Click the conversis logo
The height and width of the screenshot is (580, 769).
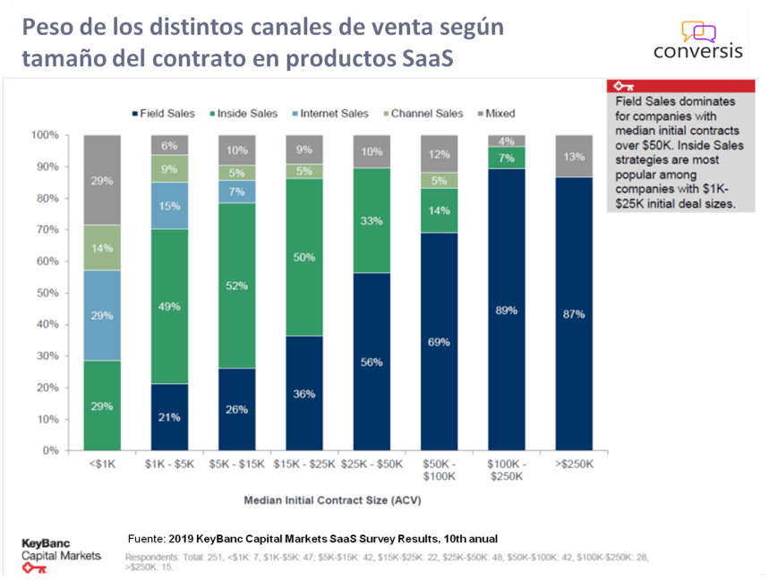tap(697, 40)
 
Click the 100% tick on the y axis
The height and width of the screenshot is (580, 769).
tap(45, 135)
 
